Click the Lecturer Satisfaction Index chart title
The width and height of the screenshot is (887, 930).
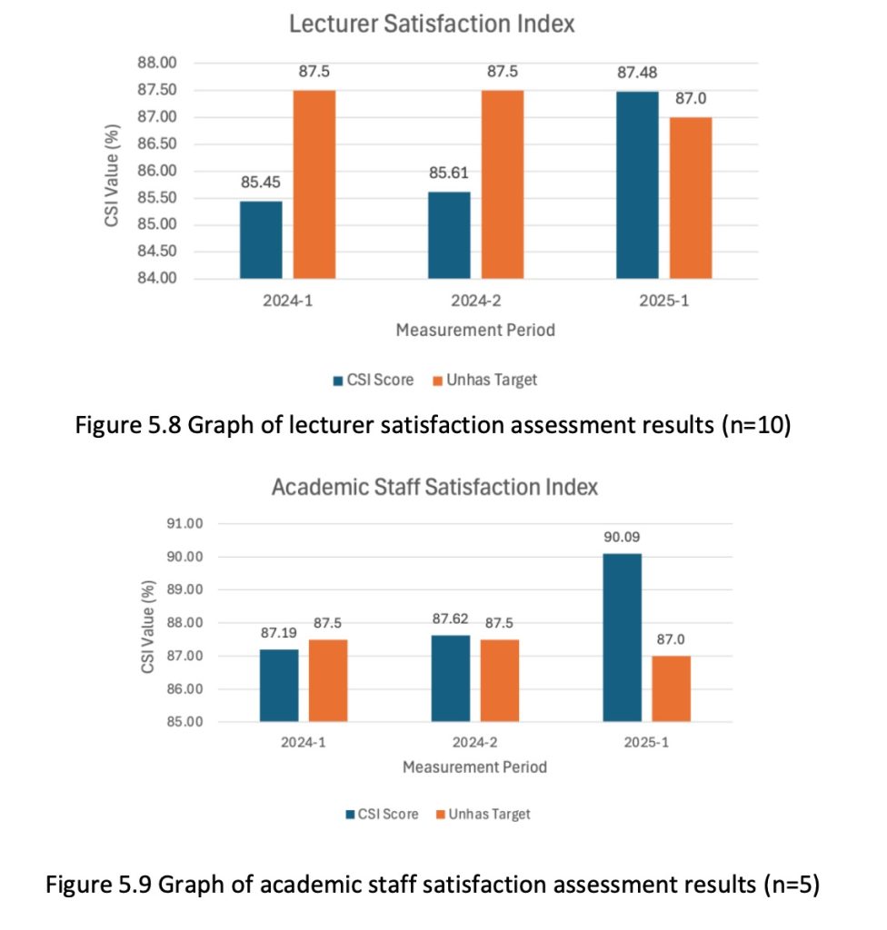(x=432, y=25)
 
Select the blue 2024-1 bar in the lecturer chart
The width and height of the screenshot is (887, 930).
(x=261, y=240)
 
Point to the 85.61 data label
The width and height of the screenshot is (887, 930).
(x=448, y=173)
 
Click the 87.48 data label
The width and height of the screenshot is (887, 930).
(x=637, y=73)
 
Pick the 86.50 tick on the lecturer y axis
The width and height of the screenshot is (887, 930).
(x=157, y=144)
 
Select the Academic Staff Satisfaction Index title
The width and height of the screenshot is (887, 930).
(x=434, y=487)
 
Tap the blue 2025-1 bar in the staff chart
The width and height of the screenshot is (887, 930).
(x=622, y=638)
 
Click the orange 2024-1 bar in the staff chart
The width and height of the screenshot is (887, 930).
(x=327, y=681)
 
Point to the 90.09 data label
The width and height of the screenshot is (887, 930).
(x=622, y=537)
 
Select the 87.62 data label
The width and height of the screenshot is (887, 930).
(x=451, y=618)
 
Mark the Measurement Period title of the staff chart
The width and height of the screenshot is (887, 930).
(x=474, y=767)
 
